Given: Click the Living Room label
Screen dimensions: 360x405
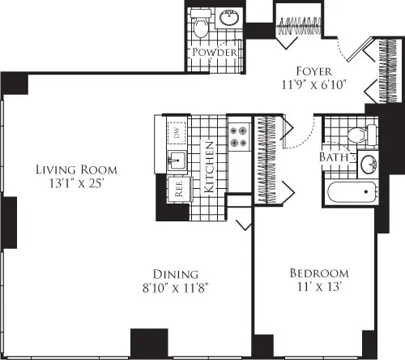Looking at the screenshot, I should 76,170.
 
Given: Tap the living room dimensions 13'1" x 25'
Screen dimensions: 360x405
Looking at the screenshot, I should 76,184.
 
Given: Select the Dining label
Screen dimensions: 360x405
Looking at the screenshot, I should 178,273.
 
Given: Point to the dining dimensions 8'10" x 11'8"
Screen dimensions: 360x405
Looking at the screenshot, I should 178,287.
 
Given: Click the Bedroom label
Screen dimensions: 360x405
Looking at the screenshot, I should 319,273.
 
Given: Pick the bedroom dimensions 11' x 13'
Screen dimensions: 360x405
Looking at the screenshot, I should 319,287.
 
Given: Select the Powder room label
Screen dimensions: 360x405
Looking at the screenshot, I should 215,53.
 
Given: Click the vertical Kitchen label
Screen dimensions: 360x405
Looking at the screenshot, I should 208,166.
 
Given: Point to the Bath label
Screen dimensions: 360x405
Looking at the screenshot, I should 332,156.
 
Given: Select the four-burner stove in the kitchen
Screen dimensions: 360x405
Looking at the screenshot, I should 240,136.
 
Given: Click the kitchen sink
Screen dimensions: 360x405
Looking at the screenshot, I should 175,159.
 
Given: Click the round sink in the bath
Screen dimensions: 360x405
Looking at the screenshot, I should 367,163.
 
